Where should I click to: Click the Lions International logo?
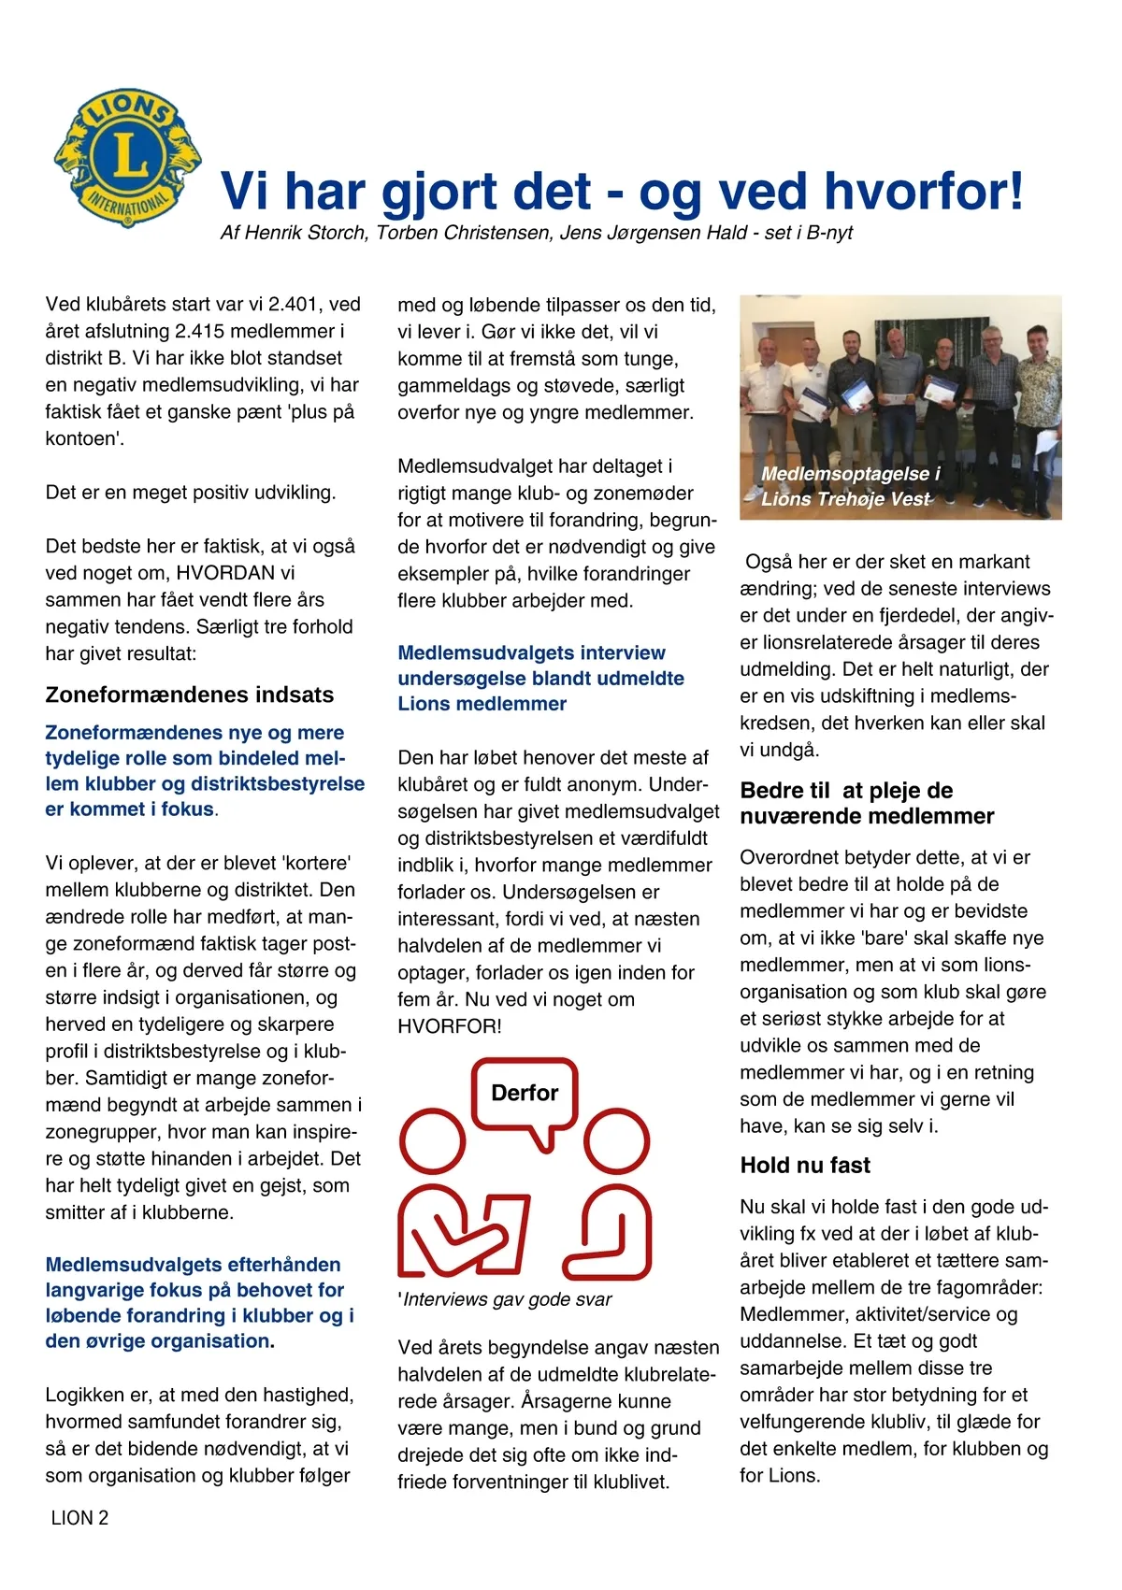click(128, 157)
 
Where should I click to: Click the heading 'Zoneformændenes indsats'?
click(190, 695)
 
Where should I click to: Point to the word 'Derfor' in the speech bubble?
click(525, 1093)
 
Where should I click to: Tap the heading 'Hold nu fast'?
click(805, 1165)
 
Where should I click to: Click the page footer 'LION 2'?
click(79, 1518)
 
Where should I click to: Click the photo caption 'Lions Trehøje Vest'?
click(845, 499)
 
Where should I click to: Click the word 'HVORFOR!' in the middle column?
click(450, 1026)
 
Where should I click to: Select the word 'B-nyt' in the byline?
click(829, 233)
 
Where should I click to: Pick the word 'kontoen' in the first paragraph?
click(82, 438)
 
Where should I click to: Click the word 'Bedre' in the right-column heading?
click(772, 791)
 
